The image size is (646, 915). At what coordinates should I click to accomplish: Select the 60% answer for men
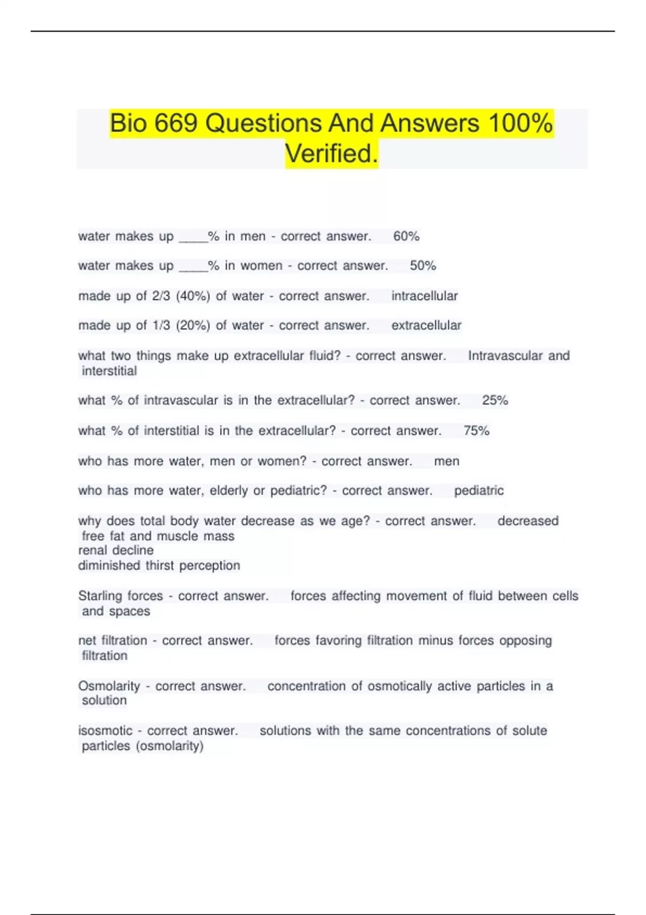tap(406, 236)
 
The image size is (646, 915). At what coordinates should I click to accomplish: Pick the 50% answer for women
tap(423, 266)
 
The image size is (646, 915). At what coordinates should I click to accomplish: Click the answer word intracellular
tap(424, 296)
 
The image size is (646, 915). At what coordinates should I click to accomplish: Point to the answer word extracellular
tap(426, 326)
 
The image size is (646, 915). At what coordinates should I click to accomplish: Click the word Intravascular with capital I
tap(505, 356)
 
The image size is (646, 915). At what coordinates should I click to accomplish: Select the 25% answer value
tap(495, 400)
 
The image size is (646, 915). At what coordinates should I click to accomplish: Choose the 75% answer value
tap(476, 431)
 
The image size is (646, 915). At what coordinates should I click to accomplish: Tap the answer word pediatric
tap(479, 491)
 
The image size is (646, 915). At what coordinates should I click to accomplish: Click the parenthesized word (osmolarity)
tap(170, 746)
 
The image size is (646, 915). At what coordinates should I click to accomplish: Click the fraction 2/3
tap(161, 296)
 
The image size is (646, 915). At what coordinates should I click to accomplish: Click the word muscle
tap(177, 536)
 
